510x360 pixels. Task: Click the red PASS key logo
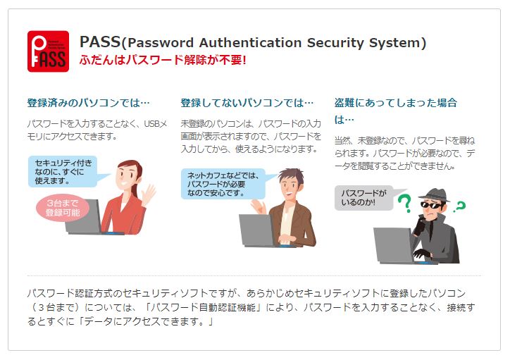[48, 51]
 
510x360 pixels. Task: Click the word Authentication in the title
[251, 42]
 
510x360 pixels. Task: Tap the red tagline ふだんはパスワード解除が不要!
[163, 60]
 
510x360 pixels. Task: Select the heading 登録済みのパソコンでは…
[89, 103]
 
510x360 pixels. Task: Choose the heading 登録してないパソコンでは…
[247, 103]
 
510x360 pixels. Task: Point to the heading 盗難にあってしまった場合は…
[395, 111]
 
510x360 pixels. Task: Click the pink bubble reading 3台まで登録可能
[63, 208]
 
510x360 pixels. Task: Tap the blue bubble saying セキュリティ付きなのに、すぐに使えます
[63, 171]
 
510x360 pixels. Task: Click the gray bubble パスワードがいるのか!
[363, 198]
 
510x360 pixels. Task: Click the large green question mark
[404, 204]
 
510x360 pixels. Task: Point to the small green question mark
[461, 206]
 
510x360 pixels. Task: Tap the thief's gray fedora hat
[435, 195]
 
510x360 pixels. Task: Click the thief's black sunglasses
[432, 205]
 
